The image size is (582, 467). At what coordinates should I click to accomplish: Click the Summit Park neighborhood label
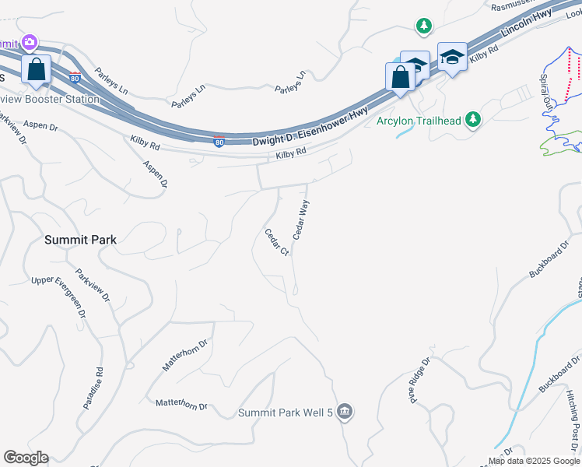pos(80,240)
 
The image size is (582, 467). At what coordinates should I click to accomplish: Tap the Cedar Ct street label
pos(276,242)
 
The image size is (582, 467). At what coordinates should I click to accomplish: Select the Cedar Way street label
pos(301,219)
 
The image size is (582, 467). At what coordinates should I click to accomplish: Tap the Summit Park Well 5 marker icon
pos(345,412)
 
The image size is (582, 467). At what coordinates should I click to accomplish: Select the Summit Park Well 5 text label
pos(286,413)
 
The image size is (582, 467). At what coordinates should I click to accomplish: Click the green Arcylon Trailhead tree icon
pos(473,121)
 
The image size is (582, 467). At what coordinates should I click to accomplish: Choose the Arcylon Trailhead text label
pos(419,121)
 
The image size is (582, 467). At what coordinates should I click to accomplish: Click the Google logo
pos(26,458)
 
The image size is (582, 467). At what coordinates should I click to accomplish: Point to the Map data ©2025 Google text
pos(535,461)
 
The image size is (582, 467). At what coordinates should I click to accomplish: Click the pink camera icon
pos(30,42)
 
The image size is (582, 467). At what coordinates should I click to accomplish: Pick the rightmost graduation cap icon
pos(451,57)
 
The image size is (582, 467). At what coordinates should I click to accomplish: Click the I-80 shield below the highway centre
pos(219,142)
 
